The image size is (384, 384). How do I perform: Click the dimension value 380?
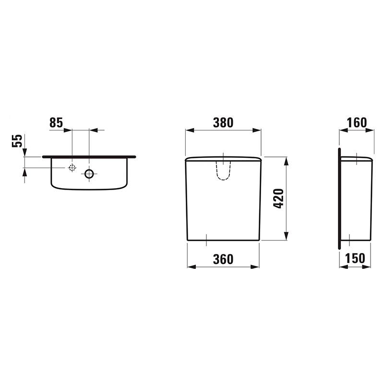point(223,122)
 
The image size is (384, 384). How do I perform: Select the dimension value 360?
point(223,259)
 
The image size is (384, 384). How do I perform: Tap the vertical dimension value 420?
point(278,198)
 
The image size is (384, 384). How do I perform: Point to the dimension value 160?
point(357,122)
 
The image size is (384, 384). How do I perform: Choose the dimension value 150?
point(355,258)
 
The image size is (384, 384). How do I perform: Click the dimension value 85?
point(56,122)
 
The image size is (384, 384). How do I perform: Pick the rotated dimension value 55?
point(17,141)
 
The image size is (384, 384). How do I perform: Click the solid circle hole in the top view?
point(89,174)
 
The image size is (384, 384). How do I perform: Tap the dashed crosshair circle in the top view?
point(72,168)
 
